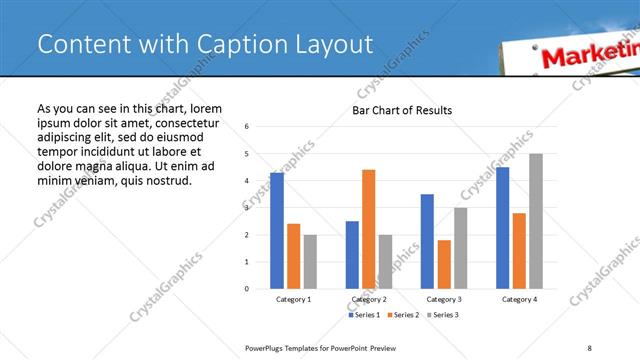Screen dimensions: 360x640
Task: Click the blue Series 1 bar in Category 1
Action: point(277,231)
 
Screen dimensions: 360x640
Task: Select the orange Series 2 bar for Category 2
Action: point(369,229)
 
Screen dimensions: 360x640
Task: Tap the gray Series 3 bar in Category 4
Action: point(536,221)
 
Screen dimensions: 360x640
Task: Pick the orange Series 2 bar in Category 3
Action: point(444,264)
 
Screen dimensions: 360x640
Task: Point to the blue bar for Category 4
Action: point(502,228)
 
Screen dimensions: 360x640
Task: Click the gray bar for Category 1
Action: point(310,262)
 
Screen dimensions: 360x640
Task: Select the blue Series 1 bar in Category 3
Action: point(427,241)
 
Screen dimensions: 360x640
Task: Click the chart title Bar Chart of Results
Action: point(402,110)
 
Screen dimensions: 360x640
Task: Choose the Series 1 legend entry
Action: point(364,315)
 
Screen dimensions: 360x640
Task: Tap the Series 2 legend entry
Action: point(402,315)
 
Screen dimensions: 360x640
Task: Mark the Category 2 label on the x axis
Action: point(369,299)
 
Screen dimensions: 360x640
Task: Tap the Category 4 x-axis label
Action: point(519,299)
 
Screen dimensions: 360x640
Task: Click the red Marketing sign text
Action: point(589,56)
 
